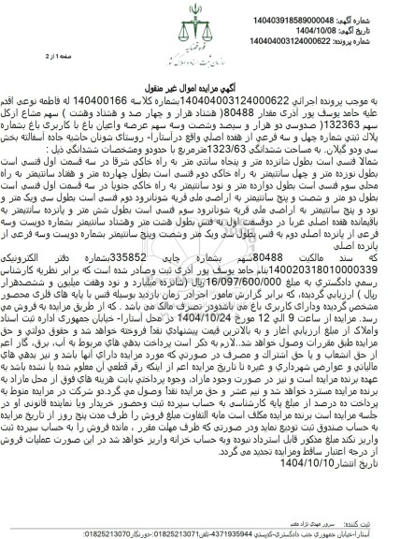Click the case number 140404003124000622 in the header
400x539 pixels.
(x=321, y=36)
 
